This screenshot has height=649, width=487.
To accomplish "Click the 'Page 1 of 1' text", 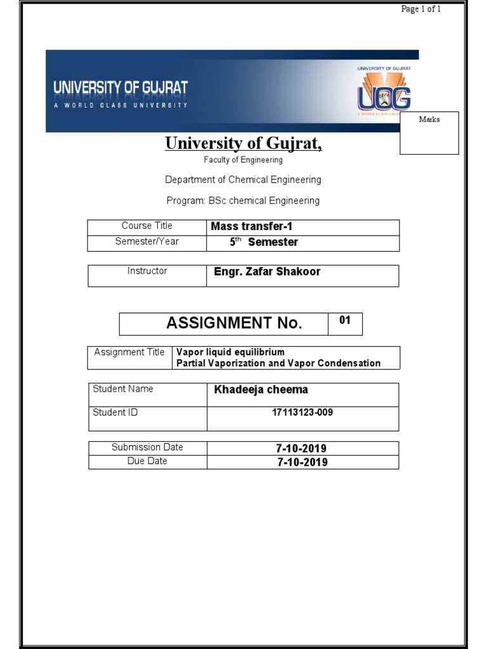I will [421, 9].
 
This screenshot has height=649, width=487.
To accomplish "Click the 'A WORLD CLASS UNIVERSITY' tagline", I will [120, 105].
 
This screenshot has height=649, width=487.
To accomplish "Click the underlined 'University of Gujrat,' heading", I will [243, 144].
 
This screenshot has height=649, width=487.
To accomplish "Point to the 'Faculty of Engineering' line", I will [243, 160].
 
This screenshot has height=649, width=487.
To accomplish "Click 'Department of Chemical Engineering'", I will [243, 179].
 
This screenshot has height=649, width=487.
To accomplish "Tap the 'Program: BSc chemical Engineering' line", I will [243, 200].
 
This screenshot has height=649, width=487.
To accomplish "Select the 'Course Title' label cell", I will [146, 226].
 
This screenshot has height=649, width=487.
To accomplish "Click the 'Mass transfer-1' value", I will [251, 226].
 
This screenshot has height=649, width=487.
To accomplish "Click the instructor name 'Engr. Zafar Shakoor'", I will [267, 271].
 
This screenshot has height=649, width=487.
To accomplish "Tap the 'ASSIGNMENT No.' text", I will [234, 323].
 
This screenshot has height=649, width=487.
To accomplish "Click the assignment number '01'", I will [344, 320].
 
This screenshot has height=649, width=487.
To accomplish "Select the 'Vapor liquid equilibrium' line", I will [230, 352].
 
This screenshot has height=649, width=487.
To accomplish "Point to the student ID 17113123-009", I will [302, 413].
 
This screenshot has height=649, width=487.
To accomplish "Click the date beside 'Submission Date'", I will [302, 449].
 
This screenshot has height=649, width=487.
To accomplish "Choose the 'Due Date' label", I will [147, 461].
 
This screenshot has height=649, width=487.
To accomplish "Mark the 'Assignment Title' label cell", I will [129, 352].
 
